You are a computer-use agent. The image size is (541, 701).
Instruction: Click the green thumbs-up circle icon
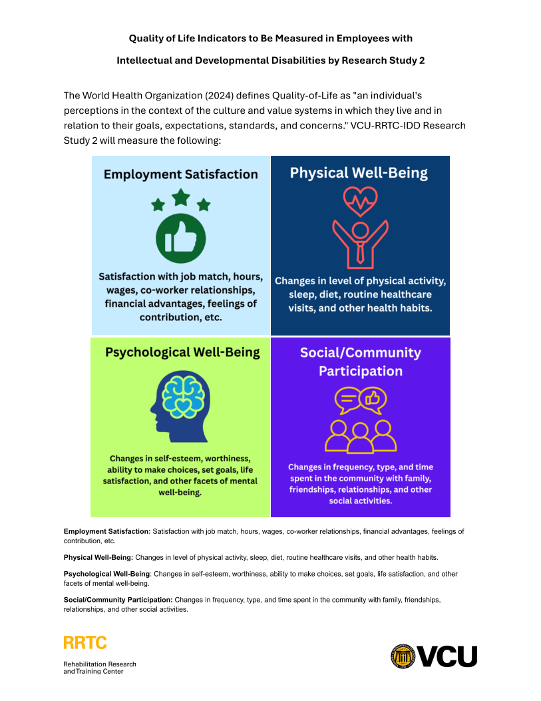pos(180,238)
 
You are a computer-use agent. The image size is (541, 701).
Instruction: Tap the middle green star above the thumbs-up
pos(181,197)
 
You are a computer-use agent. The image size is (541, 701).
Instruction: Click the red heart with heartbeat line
pos(360,201)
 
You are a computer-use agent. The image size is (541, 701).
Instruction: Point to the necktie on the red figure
pos(360,253)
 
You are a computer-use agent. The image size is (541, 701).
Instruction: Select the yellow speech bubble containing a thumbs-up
pos(373,399)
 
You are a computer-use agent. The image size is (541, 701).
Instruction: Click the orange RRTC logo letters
pos(85,642)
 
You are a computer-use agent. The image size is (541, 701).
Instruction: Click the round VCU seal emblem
pos(403,656)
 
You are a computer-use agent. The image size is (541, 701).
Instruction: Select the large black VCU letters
pos(447,656)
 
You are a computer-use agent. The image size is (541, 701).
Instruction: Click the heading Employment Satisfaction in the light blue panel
pos(181,174)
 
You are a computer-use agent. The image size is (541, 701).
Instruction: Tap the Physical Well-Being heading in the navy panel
pos(359,173)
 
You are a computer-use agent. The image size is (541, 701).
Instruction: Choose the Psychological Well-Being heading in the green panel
pos(182,352)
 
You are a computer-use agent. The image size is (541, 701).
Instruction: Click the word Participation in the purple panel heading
pos(361,371)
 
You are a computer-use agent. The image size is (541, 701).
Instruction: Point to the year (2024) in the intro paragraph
pos(220,96)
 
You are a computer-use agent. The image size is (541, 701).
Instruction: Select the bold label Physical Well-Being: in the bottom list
pos(98,557)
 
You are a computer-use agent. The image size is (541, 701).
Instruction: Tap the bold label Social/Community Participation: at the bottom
pos(118,600)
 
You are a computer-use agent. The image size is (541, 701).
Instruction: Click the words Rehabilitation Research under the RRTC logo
pos(100,664)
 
